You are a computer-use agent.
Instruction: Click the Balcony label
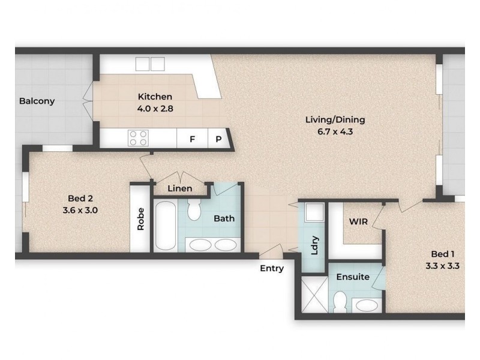[x=37, y=101]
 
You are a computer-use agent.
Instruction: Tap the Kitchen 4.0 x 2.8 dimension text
[x=155, y=109]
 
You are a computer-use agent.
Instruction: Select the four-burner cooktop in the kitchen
[x=139, y=138]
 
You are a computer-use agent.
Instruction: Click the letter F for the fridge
[x=192, y=139]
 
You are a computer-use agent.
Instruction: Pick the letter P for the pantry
[x=218, y=139]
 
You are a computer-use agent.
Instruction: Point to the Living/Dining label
[x=335, y=119]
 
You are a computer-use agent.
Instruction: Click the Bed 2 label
[x=80, y=199]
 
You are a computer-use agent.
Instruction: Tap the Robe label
[x=140, y=219]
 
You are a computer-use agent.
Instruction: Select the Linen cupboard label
[x=180, y=188]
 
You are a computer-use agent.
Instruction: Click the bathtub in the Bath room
[x=166, y=226]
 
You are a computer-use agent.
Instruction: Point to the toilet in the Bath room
[x=194, y=209]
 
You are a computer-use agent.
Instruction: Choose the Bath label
[x=224, y=218]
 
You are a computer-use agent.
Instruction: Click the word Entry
[x=272, y=268]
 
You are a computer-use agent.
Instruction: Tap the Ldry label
[x=314, y=245]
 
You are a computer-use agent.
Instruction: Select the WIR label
[x=358, y=221]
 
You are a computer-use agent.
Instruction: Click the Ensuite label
[x=353, y=277]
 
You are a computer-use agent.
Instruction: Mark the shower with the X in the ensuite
[x=314, y=295]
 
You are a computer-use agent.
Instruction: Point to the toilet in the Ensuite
[x=340, y=302]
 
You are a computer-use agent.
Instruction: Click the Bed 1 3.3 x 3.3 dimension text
[x=442, y=266]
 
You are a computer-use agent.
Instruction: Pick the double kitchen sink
[x=150, y=64]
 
